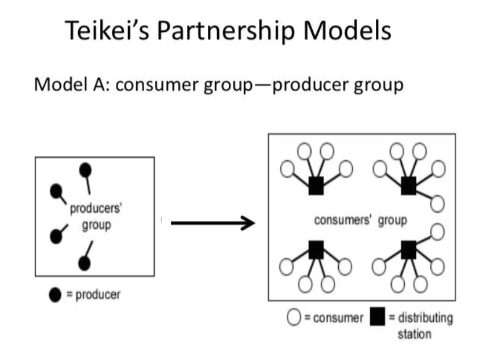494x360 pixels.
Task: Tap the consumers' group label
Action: point(360,221)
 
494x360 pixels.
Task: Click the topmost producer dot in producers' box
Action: point(85,169)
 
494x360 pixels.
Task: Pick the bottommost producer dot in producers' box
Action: point(85,263)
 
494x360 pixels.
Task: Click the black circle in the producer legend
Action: point(55,295)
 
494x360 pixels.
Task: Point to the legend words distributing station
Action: point(421,325)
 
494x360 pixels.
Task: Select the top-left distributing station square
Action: point(316,185)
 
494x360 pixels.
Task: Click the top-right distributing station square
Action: point(409,185)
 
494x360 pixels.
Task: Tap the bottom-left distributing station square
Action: point(316,250)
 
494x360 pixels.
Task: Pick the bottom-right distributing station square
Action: point(409,250)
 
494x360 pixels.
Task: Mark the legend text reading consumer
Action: point(338,318)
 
